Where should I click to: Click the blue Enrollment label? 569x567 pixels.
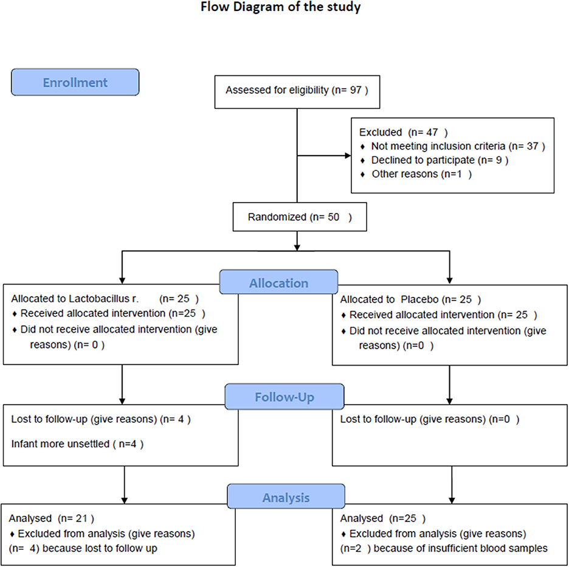coord(75,82)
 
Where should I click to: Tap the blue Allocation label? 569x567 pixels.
coord(278,282)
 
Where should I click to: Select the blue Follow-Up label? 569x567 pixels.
coord(284,397)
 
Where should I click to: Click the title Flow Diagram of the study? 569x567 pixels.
coord(280,7)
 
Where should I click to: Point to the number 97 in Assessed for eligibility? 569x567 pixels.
coord(356,89)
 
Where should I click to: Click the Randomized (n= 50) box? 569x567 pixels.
coord(300,217)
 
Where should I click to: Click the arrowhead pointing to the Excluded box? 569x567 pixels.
coord(348,156)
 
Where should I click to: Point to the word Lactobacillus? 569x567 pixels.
coord(100,299)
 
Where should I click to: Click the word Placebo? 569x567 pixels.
coord(419,299)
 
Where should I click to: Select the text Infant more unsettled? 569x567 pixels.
coord(60,444)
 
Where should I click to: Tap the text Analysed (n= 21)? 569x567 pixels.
coord(52,518)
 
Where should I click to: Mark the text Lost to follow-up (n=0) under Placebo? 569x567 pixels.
coord(430,419)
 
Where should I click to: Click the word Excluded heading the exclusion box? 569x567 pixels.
coord(381,132)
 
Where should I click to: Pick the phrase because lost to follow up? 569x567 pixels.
coord(100,549)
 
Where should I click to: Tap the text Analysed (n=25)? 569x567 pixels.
coord(383,518)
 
